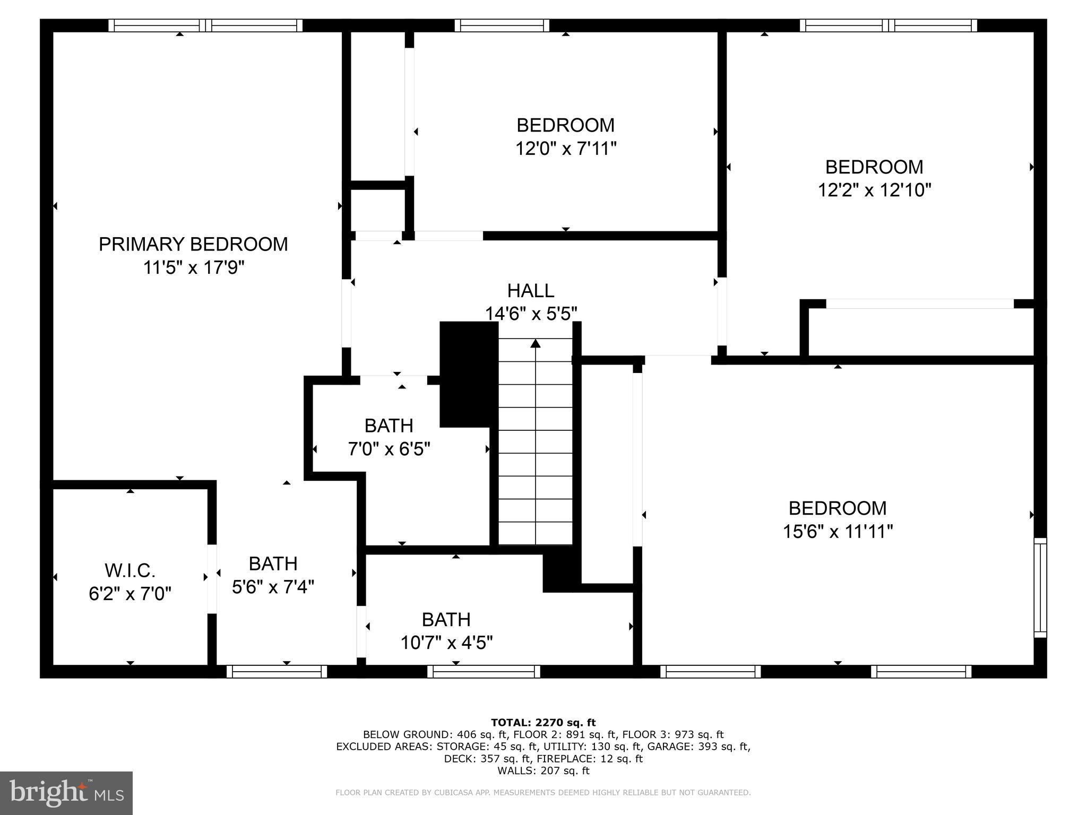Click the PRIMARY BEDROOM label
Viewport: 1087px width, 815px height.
(193, 244)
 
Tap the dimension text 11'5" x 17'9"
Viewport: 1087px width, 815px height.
(193, 267)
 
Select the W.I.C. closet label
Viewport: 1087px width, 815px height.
(130, 571)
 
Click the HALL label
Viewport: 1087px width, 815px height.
(531, 291)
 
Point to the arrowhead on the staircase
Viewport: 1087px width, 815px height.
(536, 344)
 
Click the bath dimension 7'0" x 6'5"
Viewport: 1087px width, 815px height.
(389, 449)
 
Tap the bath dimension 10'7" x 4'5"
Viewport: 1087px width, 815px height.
(446, 643)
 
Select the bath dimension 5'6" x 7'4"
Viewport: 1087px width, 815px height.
(273, 587)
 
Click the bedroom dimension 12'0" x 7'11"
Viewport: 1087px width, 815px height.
(566, 149)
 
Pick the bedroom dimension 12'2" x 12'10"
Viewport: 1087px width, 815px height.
(874, 190)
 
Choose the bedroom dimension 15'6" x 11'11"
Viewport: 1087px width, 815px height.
(838, 531)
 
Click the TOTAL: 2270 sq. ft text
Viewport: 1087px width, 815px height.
(543, 722)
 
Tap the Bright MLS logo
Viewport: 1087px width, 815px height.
(66, 793)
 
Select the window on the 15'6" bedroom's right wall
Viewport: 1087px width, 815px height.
(1040, 587)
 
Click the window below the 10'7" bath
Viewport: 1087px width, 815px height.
(484, 672)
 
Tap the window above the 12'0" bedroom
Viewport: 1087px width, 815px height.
(502, 25)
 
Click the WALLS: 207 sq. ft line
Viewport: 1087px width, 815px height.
(543, 771)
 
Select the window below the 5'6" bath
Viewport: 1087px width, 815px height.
(277, 672)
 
